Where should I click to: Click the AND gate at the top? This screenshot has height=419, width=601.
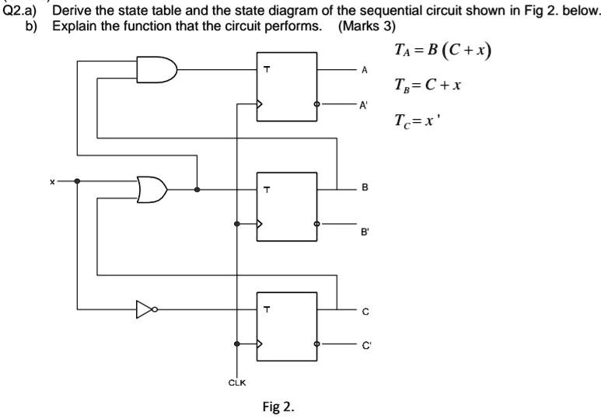[x=156, y=70]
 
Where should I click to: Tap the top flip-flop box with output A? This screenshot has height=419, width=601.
[x=287, y=87]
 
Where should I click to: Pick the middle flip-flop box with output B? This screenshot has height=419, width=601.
[x=287, y=207]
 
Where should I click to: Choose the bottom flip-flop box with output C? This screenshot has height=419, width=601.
[x=287, y=326]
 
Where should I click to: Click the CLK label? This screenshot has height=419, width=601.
[x=237, y=382]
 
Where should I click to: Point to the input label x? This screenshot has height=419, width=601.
[x=52, y=181]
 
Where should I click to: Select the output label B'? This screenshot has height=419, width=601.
[x=363, y=231]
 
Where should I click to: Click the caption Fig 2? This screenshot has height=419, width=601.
[x=279, y=406]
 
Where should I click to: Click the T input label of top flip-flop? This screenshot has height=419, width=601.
[x=266, y=70]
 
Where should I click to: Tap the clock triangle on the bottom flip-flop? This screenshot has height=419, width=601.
[x=261, y=343]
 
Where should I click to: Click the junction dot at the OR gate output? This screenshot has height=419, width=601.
[x=197, y=189]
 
